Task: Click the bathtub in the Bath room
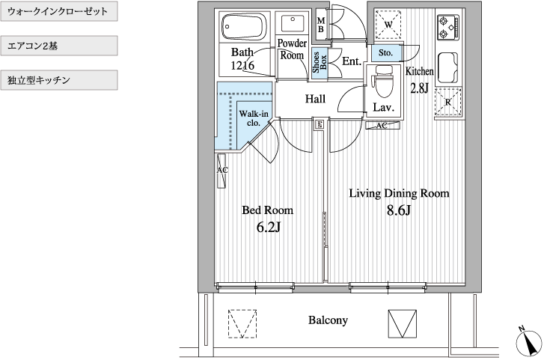244,27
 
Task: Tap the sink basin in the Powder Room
292,24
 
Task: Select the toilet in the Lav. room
383,82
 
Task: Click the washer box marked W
388,24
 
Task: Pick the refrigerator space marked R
448,102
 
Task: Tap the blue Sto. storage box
385,53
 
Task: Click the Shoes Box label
320,63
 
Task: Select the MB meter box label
320,25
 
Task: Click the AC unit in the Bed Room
221,170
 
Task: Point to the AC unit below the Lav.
382,125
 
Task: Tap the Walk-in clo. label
254,118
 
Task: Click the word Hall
315,99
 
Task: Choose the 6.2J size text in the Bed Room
268,227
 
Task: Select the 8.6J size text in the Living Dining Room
399,210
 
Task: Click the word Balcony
328,320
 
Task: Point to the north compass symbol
529,343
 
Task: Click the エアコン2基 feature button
59,46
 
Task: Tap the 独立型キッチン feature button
59,80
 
